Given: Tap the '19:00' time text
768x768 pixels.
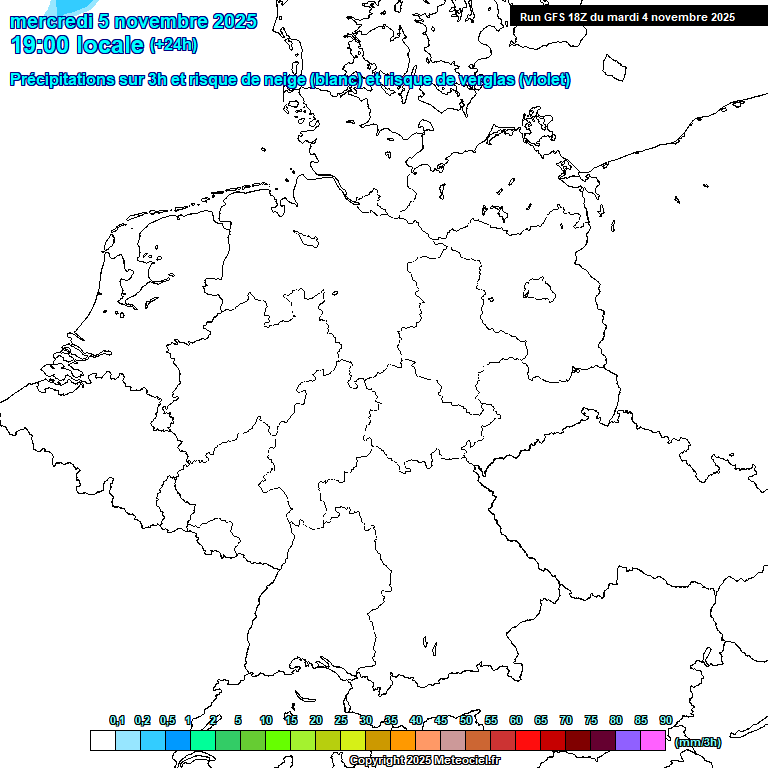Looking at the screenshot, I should click(x=39, y=45).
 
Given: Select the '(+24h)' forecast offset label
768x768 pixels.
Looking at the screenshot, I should click(x=174, y=45).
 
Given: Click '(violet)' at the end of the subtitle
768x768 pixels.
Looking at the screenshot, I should click(x=545, y=80).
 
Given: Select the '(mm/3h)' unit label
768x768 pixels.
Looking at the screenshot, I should click(x=698, y=742).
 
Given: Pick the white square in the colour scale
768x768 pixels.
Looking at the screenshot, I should click(x=102, y=741).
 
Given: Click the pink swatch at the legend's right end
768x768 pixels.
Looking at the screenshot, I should click(x=653, y=741).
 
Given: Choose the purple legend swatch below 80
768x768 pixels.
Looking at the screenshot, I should click(x=628, y=741).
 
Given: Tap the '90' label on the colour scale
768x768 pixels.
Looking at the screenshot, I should click(x=666, y=720).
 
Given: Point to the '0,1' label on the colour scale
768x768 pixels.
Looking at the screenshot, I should click(x=117, y=720).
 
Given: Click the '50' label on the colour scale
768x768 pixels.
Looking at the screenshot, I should click(x=466, y=720).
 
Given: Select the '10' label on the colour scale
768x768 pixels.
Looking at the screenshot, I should click(x=266, y=720).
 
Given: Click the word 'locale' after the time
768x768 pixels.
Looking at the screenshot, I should click(x=110, y=45).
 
